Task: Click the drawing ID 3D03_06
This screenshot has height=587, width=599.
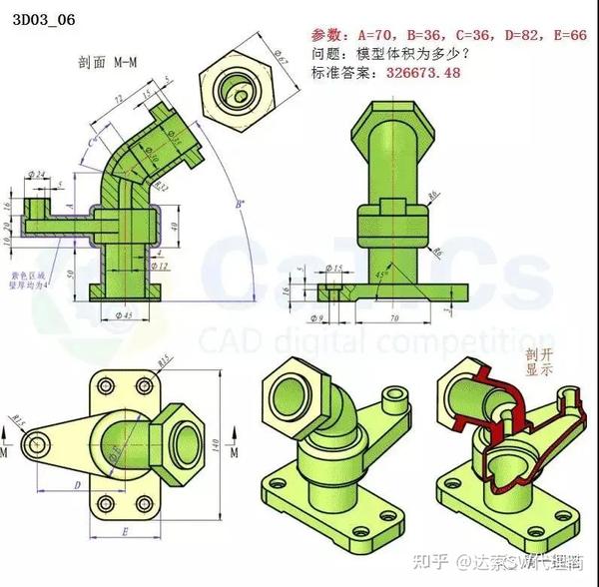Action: coord(44,18)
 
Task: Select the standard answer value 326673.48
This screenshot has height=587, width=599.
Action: coord(418,74)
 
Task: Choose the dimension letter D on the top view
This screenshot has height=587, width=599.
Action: coord(77,484)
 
